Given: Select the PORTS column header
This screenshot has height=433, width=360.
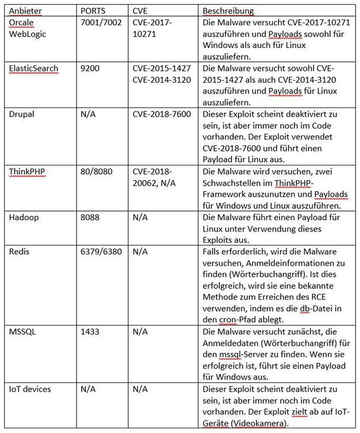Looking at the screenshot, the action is click(93, 11).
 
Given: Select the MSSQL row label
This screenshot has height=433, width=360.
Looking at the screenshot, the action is click(21, 331).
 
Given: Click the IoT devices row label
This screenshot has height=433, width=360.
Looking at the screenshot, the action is click(29, 388).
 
